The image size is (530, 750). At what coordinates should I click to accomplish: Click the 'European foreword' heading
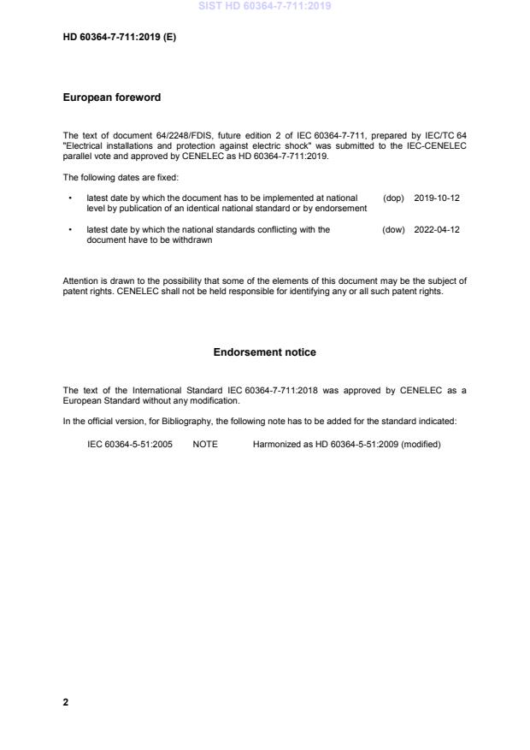click(x=111, y=97)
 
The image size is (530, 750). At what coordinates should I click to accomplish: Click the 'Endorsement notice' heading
click(x=264, y=351)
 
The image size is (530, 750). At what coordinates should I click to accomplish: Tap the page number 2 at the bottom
click(x=66, y=702)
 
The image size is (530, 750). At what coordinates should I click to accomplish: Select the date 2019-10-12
click(x=437, y=198)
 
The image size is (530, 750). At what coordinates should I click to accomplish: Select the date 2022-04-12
click(x=437, y=229)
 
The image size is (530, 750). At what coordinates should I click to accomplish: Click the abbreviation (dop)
click(x=393, y=198)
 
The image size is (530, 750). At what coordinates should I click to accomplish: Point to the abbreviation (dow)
click(x=393, y=229)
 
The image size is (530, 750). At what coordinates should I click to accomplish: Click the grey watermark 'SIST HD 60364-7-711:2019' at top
click(x=264, y=6)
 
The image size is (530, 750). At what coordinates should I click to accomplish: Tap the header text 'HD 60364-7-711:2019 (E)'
click(x=120, y=38)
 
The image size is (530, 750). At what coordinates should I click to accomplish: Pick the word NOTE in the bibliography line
click(x=205, y=444)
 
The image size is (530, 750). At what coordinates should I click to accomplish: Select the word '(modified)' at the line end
click(x=421, y=444)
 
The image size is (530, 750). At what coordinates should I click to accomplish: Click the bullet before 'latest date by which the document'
click(x=69, y=198)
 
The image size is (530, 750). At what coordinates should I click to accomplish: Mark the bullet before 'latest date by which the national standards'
click(x=69, y=229)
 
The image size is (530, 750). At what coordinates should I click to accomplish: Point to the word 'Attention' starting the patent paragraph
click(x=80, y=281)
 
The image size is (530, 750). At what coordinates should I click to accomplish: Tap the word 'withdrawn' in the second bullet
click(x=193, y=240)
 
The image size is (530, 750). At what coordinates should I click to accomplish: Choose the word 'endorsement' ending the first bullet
click(x=343, y=208)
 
